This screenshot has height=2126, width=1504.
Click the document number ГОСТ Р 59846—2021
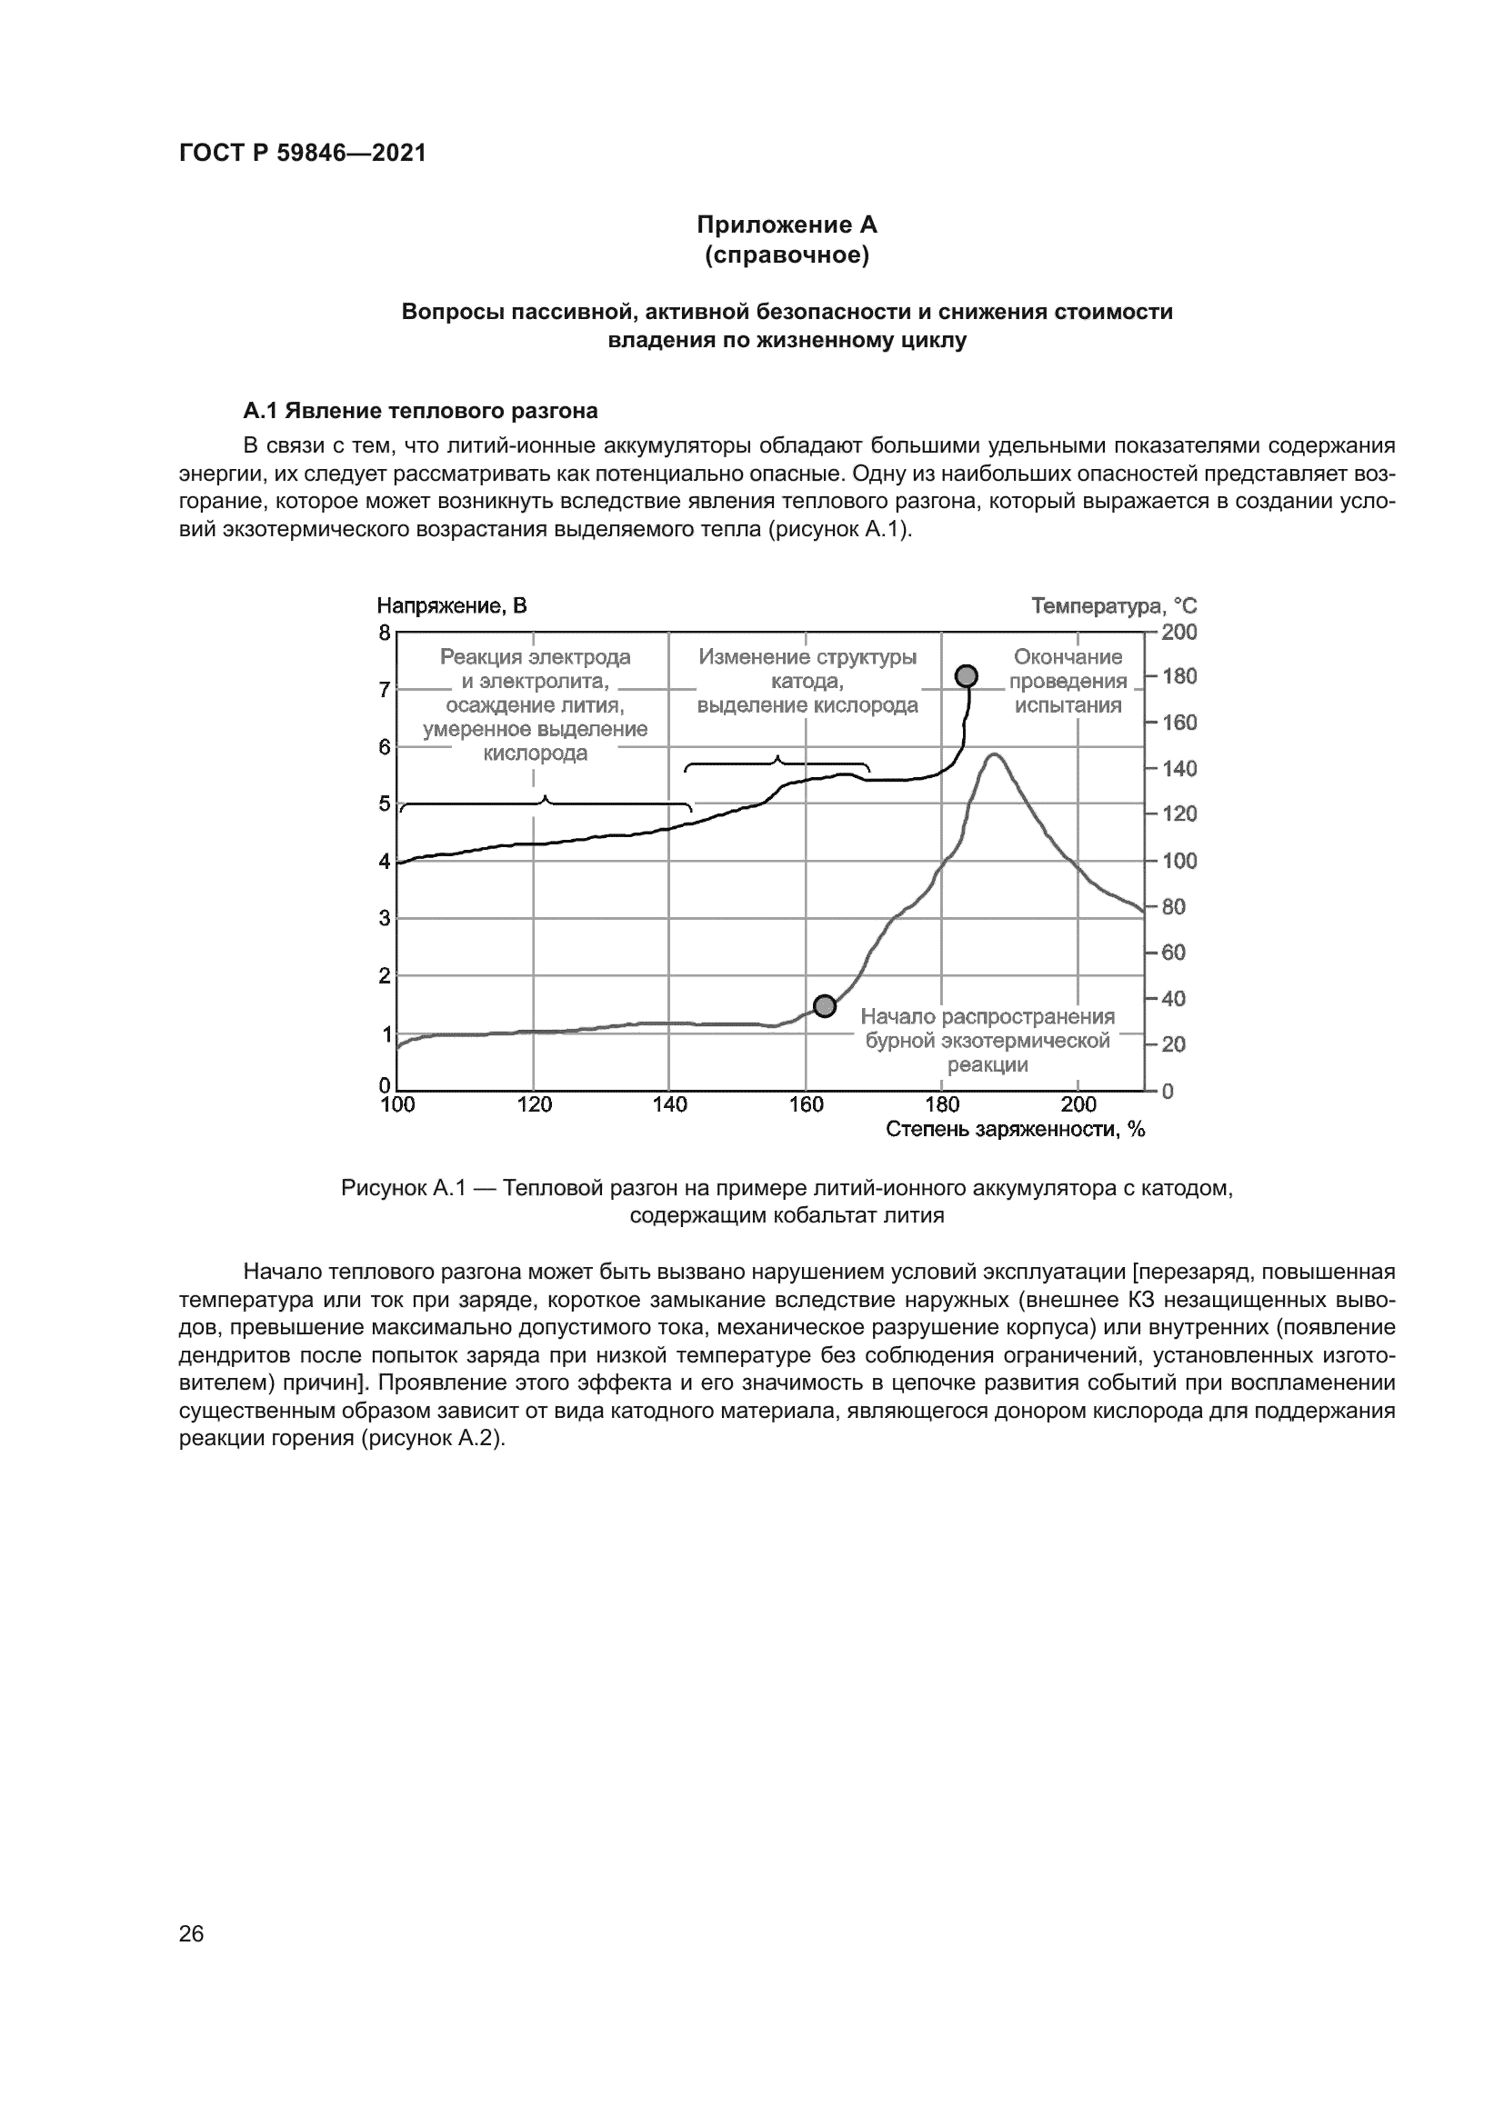(x=302, y=154)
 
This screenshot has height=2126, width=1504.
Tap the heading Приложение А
(x=787, y=225)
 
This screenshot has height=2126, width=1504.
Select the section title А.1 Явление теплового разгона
(x=419, y=410)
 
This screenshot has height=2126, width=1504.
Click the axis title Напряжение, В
(x=451, y=606)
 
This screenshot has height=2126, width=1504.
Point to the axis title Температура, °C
(x=1114, y=606)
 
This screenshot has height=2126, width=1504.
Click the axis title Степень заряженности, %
(x=1015, y=1130)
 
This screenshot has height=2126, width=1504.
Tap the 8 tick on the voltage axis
(x=385, y=634)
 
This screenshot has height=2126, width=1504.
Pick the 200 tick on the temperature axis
(x=1179, y=633)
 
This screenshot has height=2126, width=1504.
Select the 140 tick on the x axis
(x=669, y=1104)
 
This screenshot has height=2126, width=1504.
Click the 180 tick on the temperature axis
(x=1179, y=677)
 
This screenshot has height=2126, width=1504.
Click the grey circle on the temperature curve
(x=824, y=1006)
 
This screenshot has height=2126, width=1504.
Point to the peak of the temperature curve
(x=993, y=755)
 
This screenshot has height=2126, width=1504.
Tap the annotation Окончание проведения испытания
(x=1068, y=682)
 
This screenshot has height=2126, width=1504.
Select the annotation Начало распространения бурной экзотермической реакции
(x=988, y=1041)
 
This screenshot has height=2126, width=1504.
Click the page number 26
(x=191, y=1933)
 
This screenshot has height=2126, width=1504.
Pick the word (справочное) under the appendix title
(x=787, y=255)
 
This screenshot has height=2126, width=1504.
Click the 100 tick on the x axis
(x=397, y=1104)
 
